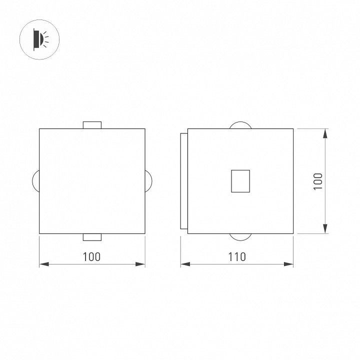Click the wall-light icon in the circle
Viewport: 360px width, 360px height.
41,39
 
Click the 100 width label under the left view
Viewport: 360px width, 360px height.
91,257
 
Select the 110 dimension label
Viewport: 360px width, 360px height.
237,257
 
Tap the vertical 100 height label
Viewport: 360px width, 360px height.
318,181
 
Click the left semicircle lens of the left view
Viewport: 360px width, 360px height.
33,181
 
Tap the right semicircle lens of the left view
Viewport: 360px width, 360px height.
151,181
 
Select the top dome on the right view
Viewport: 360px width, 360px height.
240,122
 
